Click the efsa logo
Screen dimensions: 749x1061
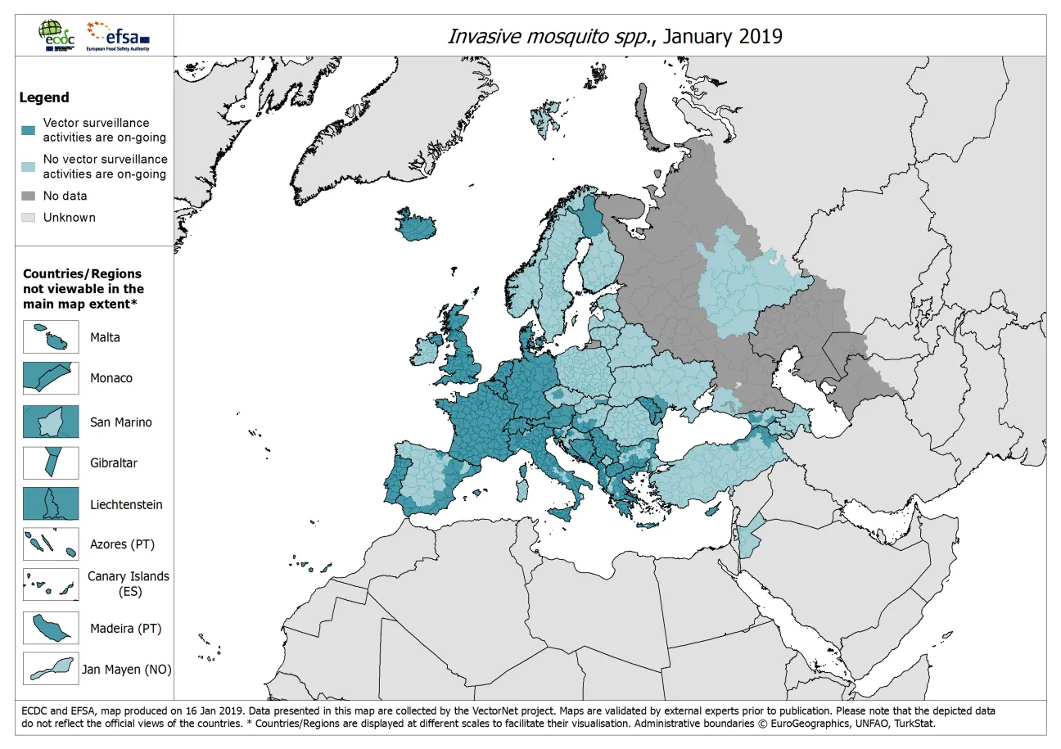coord(118,35)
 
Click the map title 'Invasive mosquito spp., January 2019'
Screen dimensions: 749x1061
coord(614,36)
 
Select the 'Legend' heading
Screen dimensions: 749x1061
coord(44,97)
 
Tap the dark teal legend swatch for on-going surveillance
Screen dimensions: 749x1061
coord(28,130)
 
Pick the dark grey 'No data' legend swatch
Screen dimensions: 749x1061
coord(28,196)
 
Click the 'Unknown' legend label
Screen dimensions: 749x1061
coord(70,218)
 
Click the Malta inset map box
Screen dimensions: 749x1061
coord(51,337)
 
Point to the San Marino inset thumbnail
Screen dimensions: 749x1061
coord(51,422)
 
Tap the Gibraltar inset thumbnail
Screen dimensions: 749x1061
coord(51,462)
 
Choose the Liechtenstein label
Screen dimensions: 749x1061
coord(126,504)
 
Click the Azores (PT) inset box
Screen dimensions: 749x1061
coord(51,544)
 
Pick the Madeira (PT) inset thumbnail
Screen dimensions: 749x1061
coord(51,628)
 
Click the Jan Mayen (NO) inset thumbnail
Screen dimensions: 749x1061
coord(51,669)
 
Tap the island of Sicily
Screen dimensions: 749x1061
coord(567,513)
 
